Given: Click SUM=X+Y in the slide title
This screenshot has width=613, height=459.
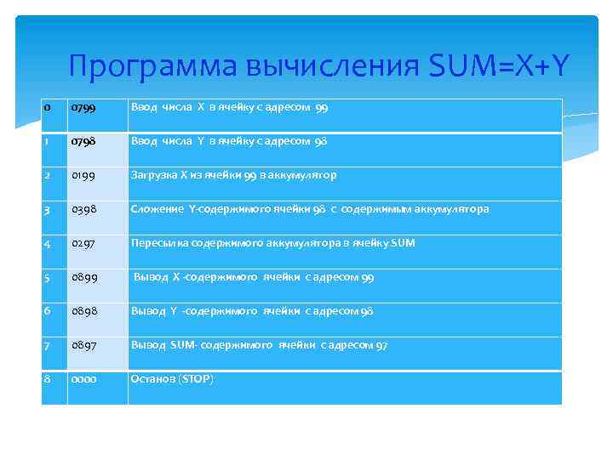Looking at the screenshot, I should (x=498, y=65).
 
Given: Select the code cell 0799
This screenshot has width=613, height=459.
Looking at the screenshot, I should (x=83, y=108).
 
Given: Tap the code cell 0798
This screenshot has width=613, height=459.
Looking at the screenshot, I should (x=83, y=142).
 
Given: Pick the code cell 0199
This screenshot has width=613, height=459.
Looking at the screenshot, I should (x=83, y=176).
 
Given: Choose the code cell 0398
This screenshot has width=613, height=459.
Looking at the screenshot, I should (x=83, y=210).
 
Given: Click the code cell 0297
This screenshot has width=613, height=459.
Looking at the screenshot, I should (x=83, y=244).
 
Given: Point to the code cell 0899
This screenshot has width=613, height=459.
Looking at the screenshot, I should (x=83, y=278).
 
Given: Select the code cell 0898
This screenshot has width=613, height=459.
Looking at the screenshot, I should (x=83, y=312).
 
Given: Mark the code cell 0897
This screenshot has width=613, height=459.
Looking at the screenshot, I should (x=83, y=346).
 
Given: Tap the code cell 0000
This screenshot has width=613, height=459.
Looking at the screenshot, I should (x=83, y=379).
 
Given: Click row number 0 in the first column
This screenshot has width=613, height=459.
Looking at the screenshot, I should (x=47, y=108).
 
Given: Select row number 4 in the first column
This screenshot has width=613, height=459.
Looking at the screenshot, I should (x=48, y=244).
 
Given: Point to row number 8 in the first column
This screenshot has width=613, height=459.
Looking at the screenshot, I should (x=48, y=379).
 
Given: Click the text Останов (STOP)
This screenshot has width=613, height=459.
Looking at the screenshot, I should (x=171, y=378).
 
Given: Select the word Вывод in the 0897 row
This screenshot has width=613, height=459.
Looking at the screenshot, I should (x=146, y=345).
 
